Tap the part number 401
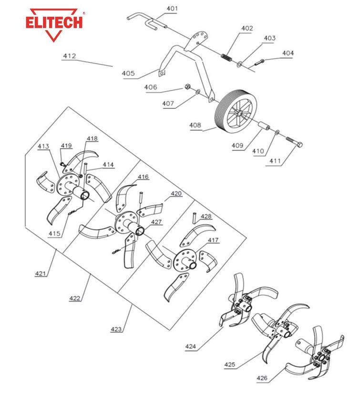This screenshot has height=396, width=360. tap(172, 9)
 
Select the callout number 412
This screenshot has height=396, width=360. tap(69, 56)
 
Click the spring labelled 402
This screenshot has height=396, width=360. tap(227, 56)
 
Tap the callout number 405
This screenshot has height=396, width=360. tap(128, 74)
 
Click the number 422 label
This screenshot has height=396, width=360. tap(74, 298)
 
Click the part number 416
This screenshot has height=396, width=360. tap(144, 177)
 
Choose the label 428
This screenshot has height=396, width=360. tap(206, 216)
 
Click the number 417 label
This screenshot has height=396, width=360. tap(213, 240)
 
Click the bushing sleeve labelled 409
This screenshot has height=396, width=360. tap(263, 128)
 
